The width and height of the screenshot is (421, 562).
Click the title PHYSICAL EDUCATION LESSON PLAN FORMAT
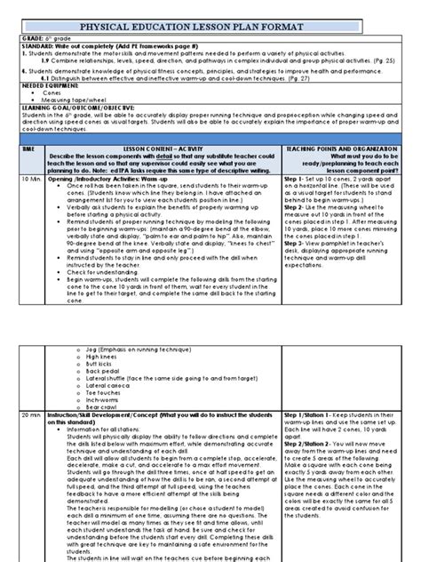click(x=210, y=12)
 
